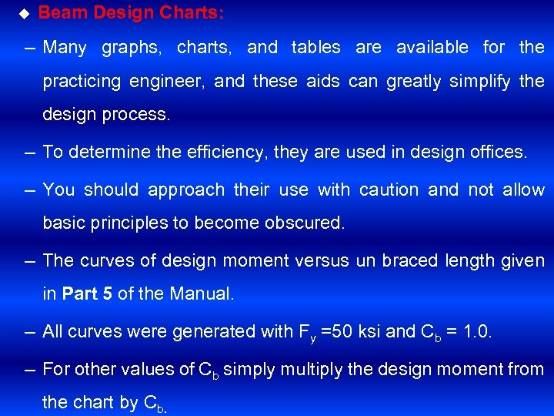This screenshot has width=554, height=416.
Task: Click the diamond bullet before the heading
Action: click(x=23, y=13)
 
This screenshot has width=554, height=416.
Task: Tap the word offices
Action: click(x=498, y=153)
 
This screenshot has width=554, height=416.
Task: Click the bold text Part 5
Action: click(x=88, y=294)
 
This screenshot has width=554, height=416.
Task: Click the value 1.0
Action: click(x=476, y=332)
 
